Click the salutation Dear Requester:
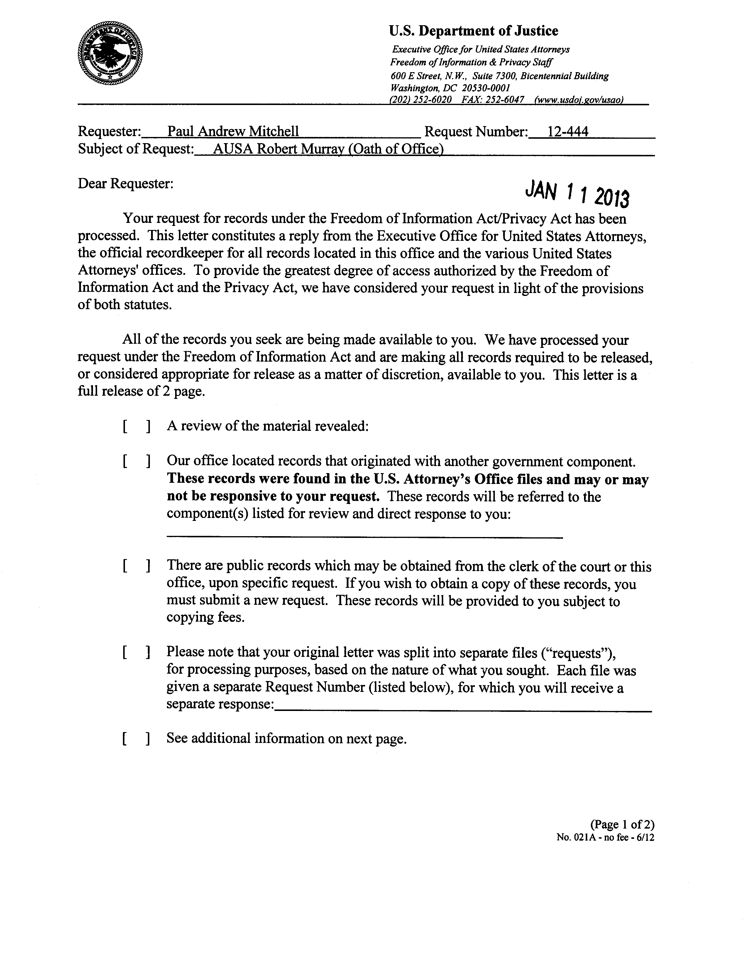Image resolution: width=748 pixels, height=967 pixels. tap(125, 183)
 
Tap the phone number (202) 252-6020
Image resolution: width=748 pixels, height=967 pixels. tap(420, 100)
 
